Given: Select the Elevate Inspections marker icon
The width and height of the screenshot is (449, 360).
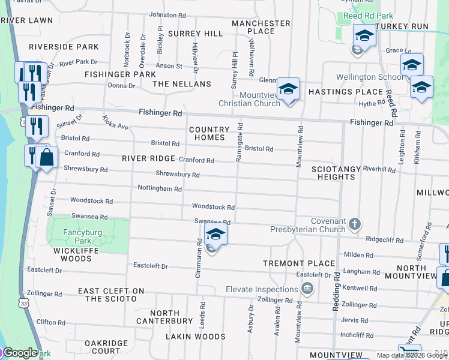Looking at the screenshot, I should (x=308, y=289).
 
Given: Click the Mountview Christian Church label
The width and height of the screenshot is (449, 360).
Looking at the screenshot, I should (x=260, y=99).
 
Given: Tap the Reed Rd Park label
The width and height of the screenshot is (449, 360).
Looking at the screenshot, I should (x=367, y=16).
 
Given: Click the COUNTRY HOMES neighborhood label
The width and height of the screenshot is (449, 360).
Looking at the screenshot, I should (x=209, y=133).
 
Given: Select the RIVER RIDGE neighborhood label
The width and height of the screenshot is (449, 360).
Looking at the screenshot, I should (x=148, y=158).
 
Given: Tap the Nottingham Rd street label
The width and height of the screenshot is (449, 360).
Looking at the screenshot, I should (x=160, y=189).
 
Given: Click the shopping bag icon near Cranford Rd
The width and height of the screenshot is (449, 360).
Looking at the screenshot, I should (x=46, y=158).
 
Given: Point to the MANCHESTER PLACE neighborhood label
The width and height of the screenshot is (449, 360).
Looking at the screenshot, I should (x=261, y=27).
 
